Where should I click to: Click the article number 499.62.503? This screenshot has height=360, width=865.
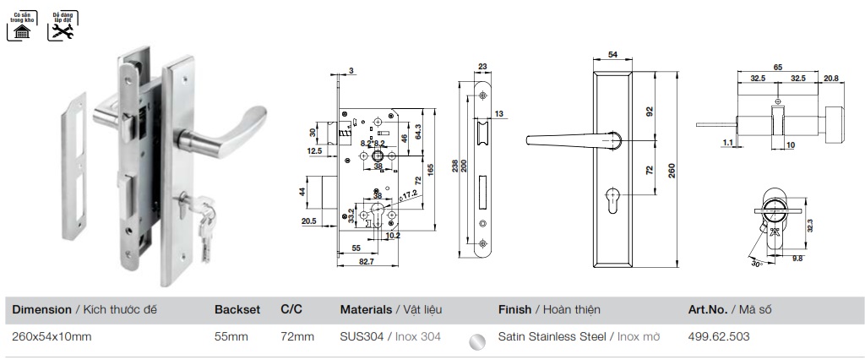tap(719, 336)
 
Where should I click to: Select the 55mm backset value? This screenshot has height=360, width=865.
tap(231, 336)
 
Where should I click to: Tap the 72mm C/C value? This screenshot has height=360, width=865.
tap(297, 336)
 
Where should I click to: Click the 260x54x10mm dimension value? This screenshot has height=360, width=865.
tap(52, 336)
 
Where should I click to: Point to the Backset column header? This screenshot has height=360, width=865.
tap(237, 310)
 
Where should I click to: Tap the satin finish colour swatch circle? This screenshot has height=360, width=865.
tap(478, 340)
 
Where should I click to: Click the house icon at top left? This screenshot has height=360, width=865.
tap(21, 31)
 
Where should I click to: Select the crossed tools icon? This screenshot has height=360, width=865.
tap(62, 31)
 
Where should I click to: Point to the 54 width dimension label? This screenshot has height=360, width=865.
tap(612, 55)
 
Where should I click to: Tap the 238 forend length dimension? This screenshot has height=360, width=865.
tap(455, 166)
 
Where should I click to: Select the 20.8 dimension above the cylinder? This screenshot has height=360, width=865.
tap(831, 78)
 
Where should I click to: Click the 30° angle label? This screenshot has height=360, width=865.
tap(756, 264)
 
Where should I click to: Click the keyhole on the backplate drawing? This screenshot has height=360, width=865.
tap(612, 204)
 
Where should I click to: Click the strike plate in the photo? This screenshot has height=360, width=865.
tap(73, 165)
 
